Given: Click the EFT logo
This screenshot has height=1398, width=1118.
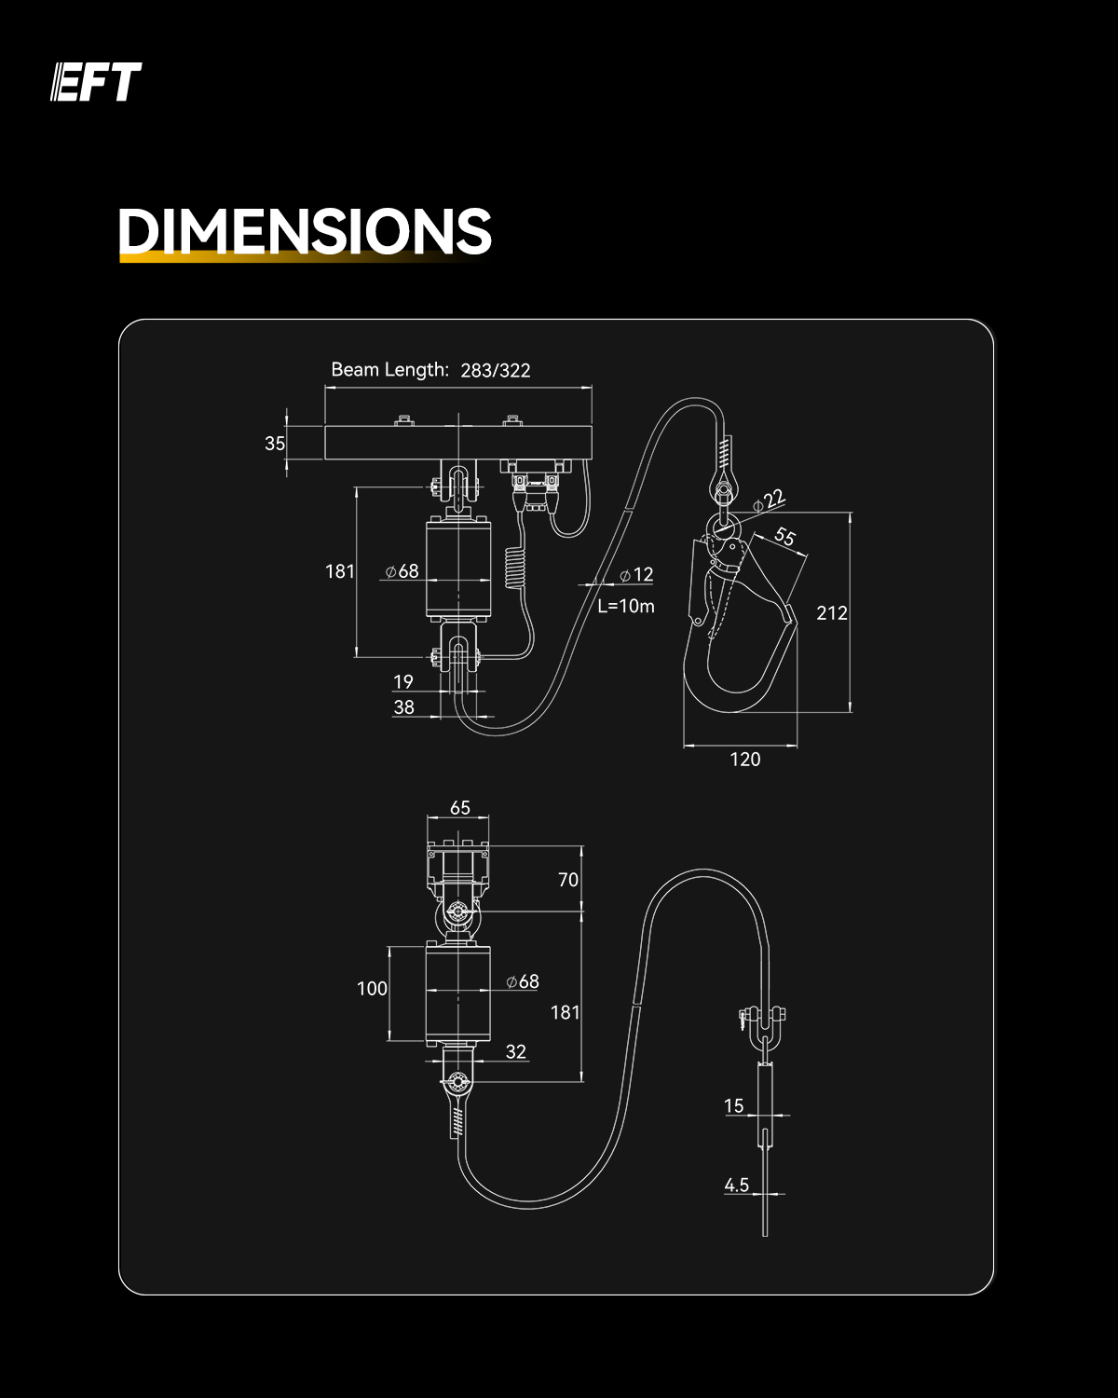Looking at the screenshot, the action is [x=96, y=82].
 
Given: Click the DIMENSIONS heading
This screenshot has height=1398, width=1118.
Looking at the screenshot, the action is [x=305, y=231].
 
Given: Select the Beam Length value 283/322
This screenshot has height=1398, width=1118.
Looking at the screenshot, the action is [x=496, y=370].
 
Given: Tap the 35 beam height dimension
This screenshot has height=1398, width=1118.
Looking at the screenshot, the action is [x=275, y=444].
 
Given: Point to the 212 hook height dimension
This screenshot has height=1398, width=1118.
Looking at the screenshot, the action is [x=832, y=612].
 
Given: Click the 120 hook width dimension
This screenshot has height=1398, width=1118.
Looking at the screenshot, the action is [x=745, y=760].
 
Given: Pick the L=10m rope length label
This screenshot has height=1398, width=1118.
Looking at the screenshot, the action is [x=626, y=606].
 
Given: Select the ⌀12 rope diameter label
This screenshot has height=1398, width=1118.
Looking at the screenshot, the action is [x=636, y=574].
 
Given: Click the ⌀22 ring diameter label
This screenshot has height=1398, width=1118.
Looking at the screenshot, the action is [x=770, y=500].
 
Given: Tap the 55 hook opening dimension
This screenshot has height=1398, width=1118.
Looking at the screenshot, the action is [x=784, y=537].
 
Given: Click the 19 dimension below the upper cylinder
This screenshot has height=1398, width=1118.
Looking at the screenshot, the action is [x=403, y=681].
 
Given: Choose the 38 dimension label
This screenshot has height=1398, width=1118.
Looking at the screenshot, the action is [x=404, y=706].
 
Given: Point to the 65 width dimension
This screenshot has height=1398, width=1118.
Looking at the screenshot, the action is [x=460, y=807].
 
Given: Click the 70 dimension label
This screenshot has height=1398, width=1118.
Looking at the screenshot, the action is [x=568, y=880].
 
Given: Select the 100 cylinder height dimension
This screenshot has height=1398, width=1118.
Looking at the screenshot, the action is [x=373, y=988].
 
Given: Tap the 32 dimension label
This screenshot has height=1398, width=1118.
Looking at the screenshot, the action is [x=516, y=1051].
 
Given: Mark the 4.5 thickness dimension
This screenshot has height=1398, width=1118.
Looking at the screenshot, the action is [x=737, y=1185].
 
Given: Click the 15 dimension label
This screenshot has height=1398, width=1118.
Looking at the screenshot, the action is [x=734, y=1105].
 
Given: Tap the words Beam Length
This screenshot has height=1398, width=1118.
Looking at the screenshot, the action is [x=389, y=370].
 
